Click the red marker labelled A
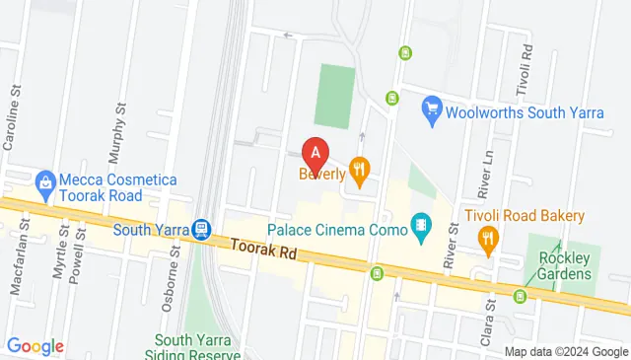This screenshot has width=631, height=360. [315, 154]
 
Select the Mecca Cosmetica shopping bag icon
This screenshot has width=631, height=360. [44, 181]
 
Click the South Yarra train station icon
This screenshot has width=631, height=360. [201, 230]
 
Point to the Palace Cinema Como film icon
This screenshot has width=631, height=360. [422, 226]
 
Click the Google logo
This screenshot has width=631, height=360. [35, 346]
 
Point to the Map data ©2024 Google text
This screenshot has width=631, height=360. [566, 352]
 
